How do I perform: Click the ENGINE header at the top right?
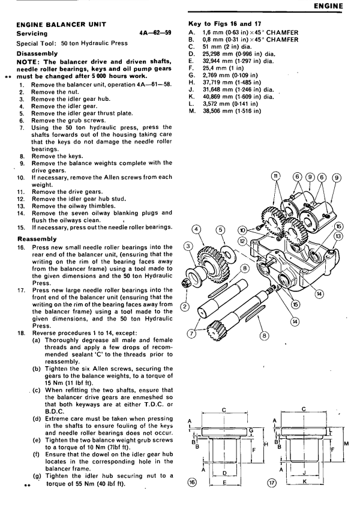coord(337,7)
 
